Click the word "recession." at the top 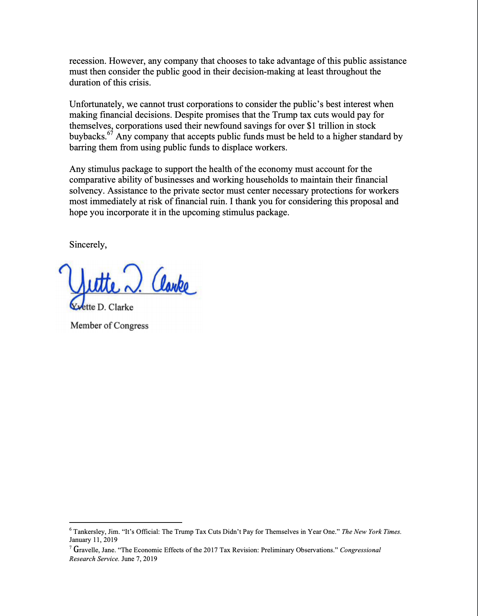click(88, 61)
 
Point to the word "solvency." click(87, 191)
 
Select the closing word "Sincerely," click(88, 245)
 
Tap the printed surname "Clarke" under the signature click(121, 307)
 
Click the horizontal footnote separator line click(125, 522)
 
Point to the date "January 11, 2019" click(93, 540)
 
